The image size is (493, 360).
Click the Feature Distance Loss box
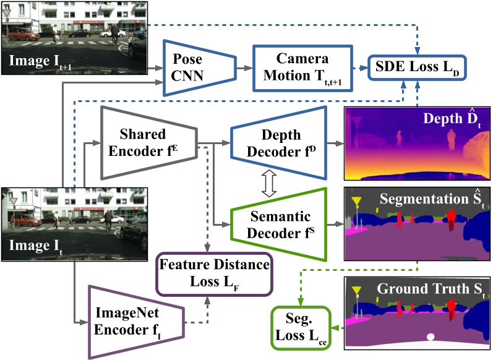pyautogui.click(x=214, y=273)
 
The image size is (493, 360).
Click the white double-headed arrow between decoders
pyautogui.click(x=267, y=184)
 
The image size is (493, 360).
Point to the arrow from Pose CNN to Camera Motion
pyautogui.click(x=245, y=67)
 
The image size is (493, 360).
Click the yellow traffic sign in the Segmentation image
pyautogui.click(x=356, y=201)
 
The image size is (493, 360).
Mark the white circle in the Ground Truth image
pyautogui.click(x=431, y=337)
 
